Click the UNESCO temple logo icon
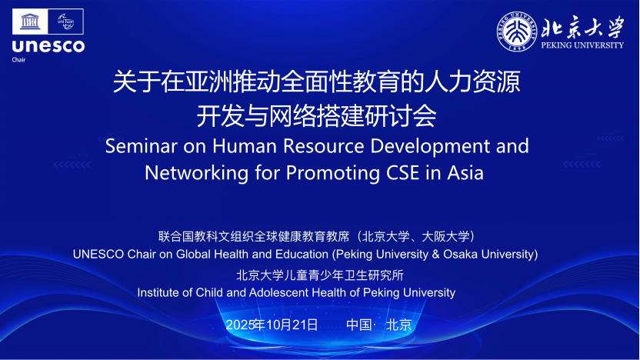pyautogui.click(x=30, y=22)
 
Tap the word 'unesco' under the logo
pyautogui.click(x=48, y=46)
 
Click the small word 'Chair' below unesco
pyautogui.click(x=18, y=59)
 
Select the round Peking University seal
pyautogui.click(x=517, y=32)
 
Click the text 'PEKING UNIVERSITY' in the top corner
pyautogui.click(x=582, y=45)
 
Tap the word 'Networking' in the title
pyautogui.click(x=196, y=173)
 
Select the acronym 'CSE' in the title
pyautogui.click(x=402, y=172)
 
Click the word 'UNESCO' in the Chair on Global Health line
pyautogui.click(x=98, y=255)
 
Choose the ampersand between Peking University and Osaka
pyautogui.click(x=435, y=255)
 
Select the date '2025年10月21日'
pyautogui.click(x=272, y=325)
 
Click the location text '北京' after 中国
pyautogui.click(x=398, y=325)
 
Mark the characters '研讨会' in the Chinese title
pyautogui.click(x=401, y=116)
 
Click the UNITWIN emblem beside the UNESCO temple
pyautogui.click(x=65, y=22)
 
